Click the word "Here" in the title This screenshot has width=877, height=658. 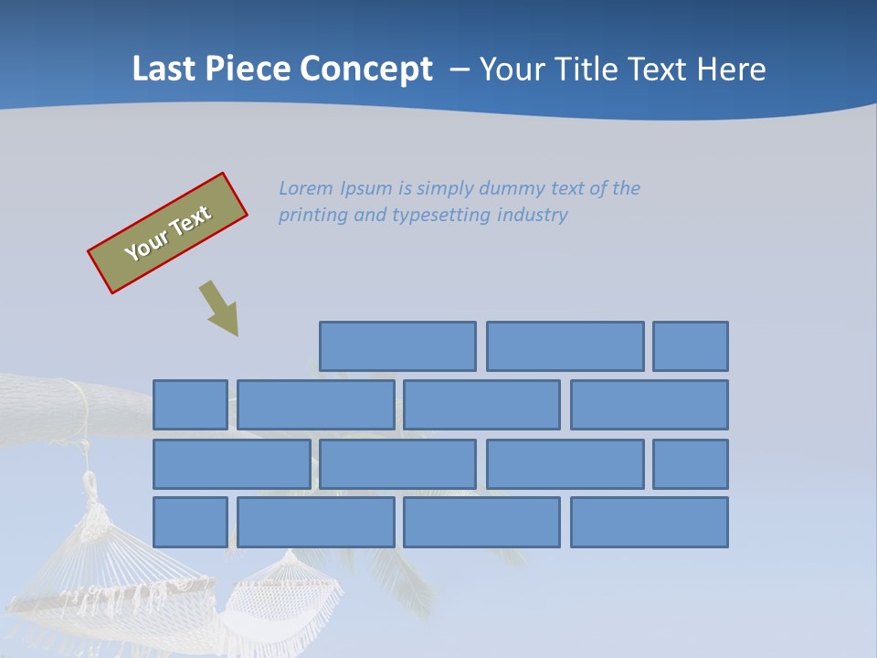pyautogui.click(x=731, y=69)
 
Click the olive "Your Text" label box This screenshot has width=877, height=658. pyautogui.click(x=168, y=233)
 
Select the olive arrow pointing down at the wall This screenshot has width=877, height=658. pyautogui.click(x=219, y=308)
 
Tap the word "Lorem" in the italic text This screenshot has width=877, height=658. pyautogui.click(x=306, y=188)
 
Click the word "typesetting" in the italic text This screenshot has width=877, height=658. pyautogui.click(x=442, y=216)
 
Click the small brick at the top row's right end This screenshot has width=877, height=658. pyautogui.click(x=691, y=346)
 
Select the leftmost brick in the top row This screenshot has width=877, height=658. pyautogui.click(x=397, y=346)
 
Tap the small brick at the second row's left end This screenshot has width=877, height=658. pyautogui.click(x=190, y=405)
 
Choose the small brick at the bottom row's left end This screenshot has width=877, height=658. pyautogui.click(x=190, y=522)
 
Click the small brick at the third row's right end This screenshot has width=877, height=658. pyautogui.click(x=691, y=463)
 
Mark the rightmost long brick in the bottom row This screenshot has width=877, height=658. pyautogui.click(x=650, y=522)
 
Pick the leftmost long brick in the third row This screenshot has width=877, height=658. pyautogui.click(x=231, y=463)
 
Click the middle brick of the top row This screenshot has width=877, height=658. pyautogui.click(x=565, y=346)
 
